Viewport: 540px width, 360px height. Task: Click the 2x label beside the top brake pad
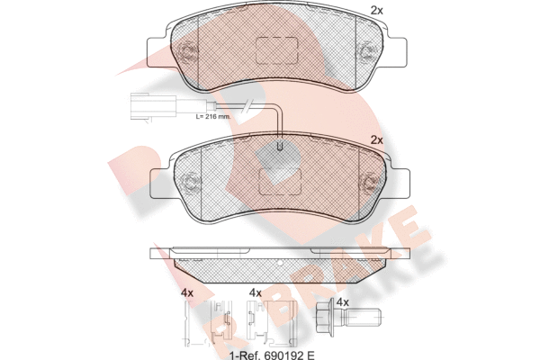376,11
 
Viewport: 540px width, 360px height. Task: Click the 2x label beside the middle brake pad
376,140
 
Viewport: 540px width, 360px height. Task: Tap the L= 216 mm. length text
212,116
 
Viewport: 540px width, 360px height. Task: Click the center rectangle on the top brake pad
276,50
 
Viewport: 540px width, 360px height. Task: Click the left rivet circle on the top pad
187,52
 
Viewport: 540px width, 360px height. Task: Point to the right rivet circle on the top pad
366,52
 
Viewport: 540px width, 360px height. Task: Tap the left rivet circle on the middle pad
190,183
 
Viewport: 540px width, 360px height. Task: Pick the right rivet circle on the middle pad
369,182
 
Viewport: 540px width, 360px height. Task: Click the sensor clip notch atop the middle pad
280,146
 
